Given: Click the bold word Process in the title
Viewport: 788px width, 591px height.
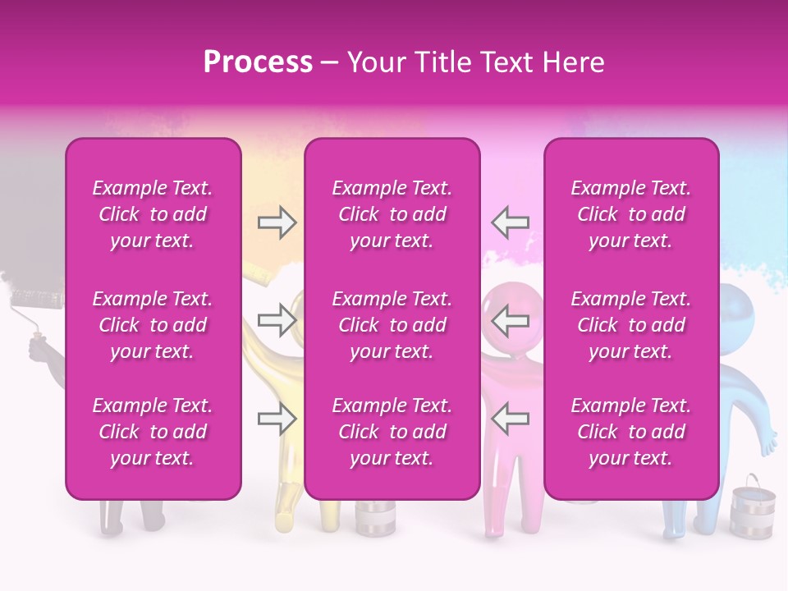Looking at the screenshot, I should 258,62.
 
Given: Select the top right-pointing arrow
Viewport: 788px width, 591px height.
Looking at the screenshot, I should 277,222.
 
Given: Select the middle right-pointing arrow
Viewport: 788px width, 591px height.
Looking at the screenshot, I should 277,320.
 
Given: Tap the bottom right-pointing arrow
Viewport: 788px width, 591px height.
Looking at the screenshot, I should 277,419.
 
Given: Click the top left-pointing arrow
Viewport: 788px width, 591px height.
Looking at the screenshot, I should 510,222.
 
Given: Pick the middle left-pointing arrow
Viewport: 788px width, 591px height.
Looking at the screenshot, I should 510,320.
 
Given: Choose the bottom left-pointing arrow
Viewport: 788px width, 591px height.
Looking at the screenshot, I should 510,419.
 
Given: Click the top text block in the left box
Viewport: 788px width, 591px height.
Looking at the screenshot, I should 153,214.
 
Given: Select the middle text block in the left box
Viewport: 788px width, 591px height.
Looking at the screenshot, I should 153,325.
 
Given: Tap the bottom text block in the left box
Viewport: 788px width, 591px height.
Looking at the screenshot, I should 153,432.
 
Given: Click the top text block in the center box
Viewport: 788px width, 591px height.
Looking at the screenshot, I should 392,214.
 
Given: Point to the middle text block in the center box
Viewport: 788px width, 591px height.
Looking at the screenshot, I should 392,325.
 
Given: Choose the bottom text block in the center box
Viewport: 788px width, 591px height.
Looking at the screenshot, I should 392,432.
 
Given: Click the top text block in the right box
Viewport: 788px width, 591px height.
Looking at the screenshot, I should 631,214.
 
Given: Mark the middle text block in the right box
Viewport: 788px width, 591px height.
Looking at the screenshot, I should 631,325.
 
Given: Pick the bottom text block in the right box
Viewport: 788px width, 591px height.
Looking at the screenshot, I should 631,432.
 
